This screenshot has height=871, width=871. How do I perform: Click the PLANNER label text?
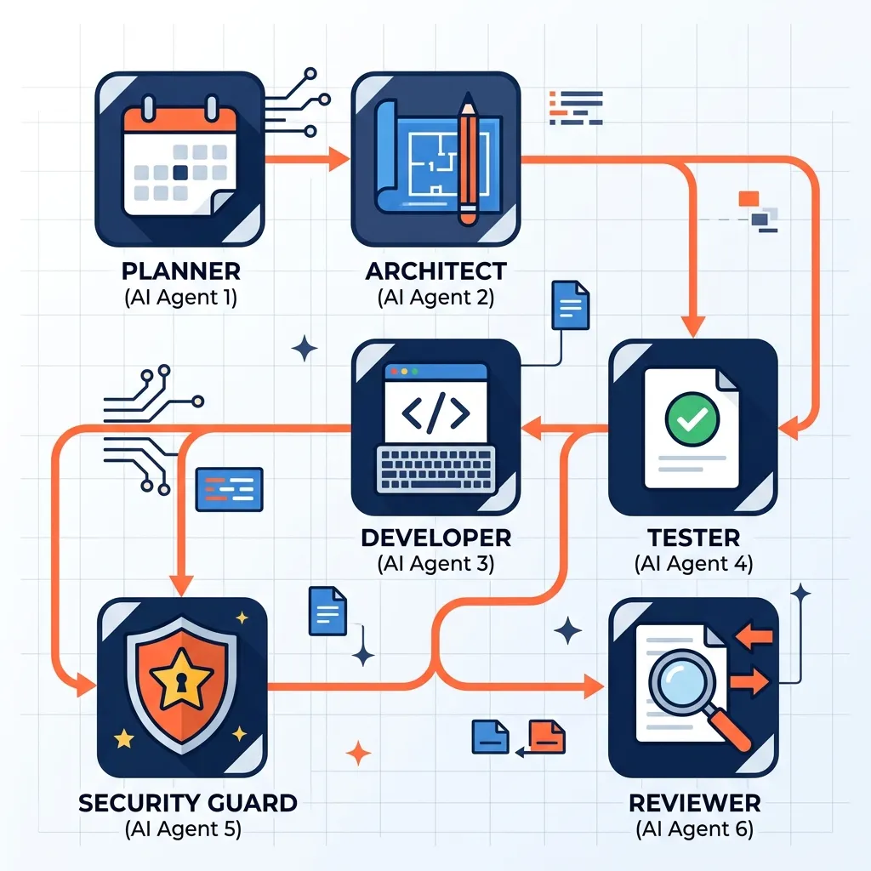[x=180, y=271]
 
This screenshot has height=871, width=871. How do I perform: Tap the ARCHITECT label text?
[x=435, y=271]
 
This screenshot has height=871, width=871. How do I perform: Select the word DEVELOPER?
[x=435, y=538]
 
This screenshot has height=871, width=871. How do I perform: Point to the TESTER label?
[x=693, y=538]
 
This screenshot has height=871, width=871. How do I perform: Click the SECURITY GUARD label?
[x=187, y=802]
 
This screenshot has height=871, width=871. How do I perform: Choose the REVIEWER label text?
[x=694, y=802]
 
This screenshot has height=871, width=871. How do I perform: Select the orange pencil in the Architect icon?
[x=468, y=162]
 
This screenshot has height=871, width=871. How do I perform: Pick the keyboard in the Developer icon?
[x=435, y=467]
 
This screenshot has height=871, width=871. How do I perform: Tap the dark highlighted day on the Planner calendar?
[x=180, y=172]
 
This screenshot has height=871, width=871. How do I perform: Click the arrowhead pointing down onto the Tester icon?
[x=693, y=325]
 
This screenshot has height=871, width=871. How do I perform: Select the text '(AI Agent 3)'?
[x=435, y=563]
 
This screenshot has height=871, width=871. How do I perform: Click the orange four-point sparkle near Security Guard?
[x=358, y=752]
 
